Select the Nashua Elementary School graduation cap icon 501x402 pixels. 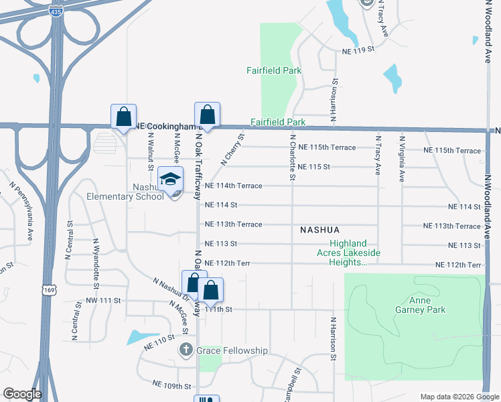(171, 179)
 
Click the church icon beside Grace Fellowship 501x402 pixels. (186, 350)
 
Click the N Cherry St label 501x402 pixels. (232, 149)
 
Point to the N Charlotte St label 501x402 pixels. (293, 157)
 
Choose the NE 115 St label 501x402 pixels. (315, 166)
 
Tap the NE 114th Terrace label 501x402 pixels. (233, 186)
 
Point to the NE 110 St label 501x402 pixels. (159, 341)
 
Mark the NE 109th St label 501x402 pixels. (172, 386)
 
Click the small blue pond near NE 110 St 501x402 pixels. (142, 336)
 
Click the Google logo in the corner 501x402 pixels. (22, 394)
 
